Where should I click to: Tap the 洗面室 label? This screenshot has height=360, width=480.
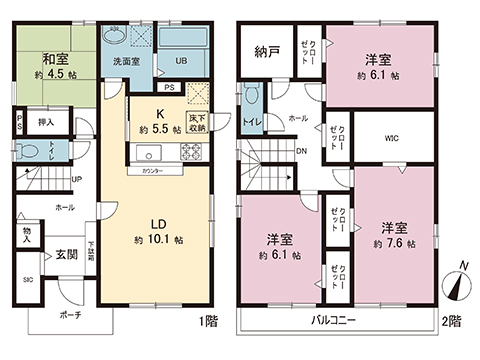pyautogui.click(x=126, y=62)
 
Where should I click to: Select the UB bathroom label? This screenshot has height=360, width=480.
pyautogui.click(x=181, y=61)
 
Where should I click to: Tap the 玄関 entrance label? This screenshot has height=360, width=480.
pyautogui.click(x=66, y=254)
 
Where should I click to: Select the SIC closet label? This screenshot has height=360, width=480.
pyautogui.click(x=28, y=279)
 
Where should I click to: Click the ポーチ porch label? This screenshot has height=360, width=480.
pyautogui.click(x=69, y=315)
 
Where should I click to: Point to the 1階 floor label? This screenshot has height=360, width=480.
pyautogui.click(x=207, y=322)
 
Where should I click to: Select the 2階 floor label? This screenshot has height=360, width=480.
pyautogui.click(x=452, y=322)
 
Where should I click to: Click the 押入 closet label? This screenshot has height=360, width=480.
pyautogui.click(x=47, y=122)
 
